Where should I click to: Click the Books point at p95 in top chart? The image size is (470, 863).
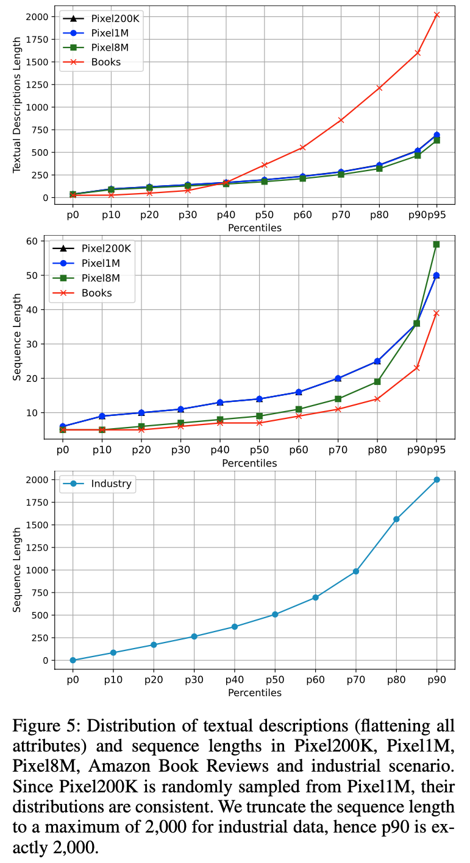point(436,15)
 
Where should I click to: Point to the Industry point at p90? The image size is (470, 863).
point(436,480)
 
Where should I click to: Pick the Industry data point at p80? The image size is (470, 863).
point(396,519)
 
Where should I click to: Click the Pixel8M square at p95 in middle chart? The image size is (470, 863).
point(436,244)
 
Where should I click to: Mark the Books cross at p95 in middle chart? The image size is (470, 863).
point(436,313)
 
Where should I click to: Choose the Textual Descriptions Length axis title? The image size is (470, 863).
point(17,105)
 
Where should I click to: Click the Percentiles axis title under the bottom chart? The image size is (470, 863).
point(255,692)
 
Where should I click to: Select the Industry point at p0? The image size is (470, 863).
point(73,660)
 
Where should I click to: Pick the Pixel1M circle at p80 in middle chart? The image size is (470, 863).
point(377,361)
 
